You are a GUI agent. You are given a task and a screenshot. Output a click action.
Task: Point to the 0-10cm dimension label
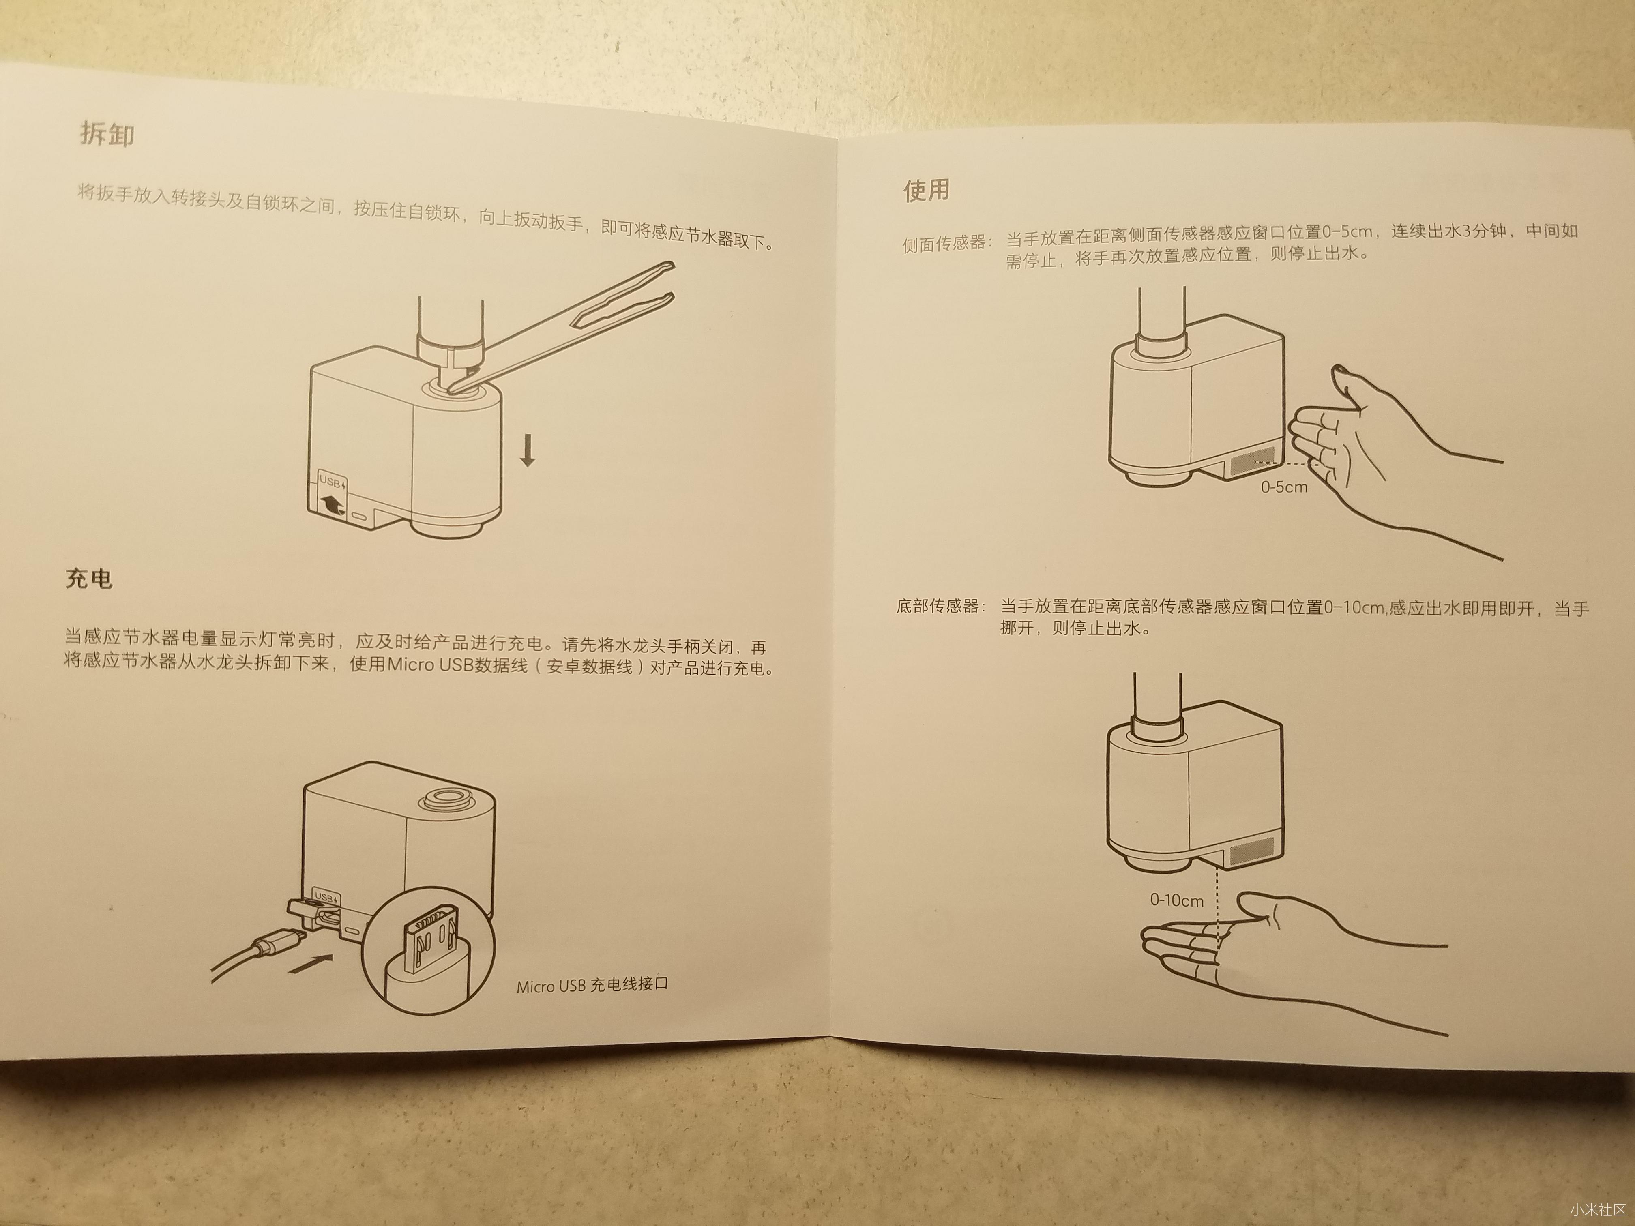[x=1177, y=900]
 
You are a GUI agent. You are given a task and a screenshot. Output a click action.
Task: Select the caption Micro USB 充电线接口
[x=591, y=985]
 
